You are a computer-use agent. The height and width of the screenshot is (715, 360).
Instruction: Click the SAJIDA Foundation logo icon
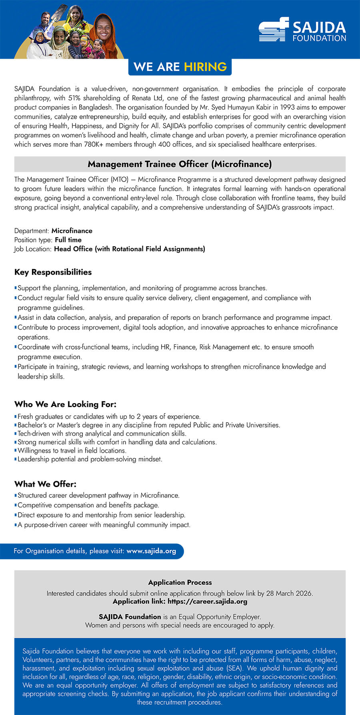pos(274,30)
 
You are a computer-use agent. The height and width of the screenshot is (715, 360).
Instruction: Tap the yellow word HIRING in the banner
pos(205,67)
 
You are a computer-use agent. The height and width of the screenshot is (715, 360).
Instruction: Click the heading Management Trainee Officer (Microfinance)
pos(180,164)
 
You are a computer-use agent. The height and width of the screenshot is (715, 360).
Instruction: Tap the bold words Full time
pos(68,240)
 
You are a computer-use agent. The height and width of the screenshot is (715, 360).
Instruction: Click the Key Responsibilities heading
pos(53,272)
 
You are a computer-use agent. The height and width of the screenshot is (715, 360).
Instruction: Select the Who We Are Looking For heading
pos(65,404)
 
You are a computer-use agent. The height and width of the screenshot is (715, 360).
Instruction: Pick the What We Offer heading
pos(45,484)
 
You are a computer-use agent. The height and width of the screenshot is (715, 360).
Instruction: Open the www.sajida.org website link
pos(151,551)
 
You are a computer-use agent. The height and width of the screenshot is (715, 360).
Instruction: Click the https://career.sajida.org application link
pos(207,601)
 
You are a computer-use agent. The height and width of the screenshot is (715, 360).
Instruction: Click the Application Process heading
pos(180,583)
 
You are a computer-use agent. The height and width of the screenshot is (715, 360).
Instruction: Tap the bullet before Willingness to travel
pos(16,451)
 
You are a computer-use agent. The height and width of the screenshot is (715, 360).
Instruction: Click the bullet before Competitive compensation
pos(16,505)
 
